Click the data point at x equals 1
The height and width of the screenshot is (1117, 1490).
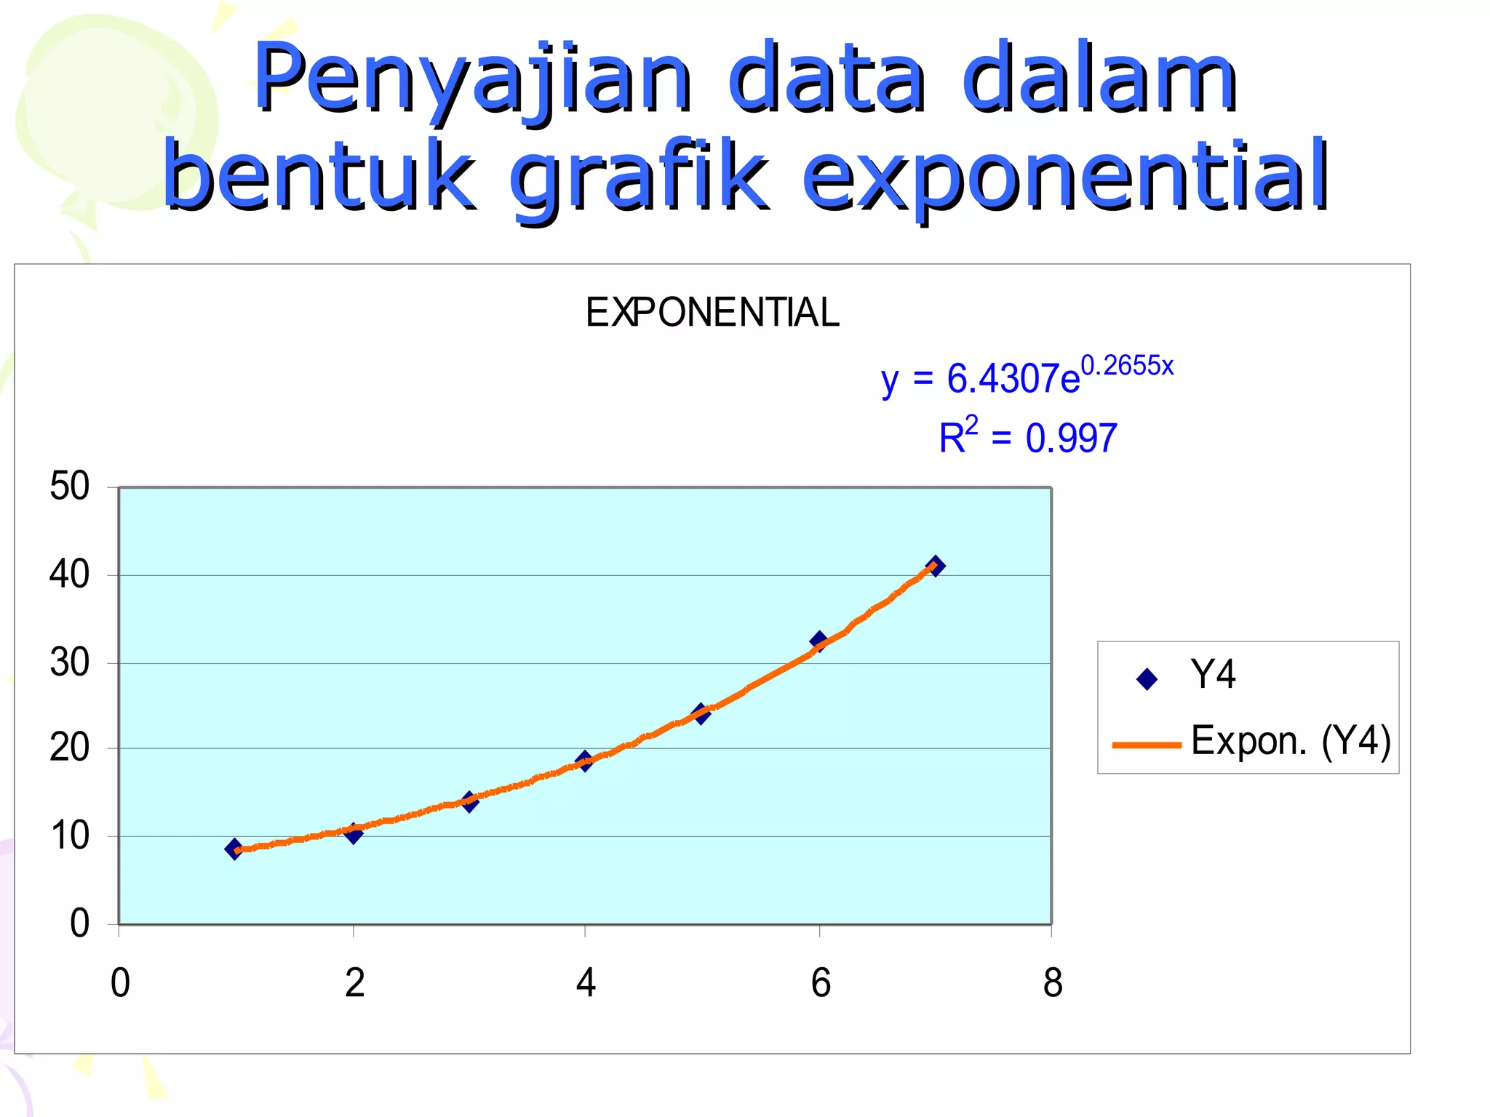coord(234,849)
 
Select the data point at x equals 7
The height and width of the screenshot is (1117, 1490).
coord(936,566)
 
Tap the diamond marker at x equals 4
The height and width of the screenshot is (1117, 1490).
coord(584,761)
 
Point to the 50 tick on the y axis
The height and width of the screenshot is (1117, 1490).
coord(70,486)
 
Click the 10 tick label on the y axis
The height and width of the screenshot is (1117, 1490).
coord(70,836)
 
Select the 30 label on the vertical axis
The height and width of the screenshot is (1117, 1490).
coord(70,663)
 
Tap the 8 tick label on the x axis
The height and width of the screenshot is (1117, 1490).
coord(1052,983)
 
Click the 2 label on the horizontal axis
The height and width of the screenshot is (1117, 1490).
coord(354,983)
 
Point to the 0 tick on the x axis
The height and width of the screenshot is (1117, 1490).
coord(120,983)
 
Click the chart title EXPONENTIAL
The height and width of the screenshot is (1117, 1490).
coord(712,313)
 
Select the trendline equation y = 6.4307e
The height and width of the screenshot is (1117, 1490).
coord(980,379)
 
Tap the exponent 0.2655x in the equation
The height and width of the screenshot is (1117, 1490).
coord(1127,365)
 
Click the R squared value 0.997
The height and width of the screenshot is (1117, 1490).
coord(1071,439)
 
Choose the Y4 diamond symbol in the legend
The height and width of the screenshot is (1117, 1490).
coord(1147,679)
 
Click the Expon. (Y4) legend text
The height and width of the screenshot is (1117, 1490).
coord(1291,741)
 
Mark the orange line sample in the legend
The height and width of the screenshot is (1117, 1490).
coord(1147,745)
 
